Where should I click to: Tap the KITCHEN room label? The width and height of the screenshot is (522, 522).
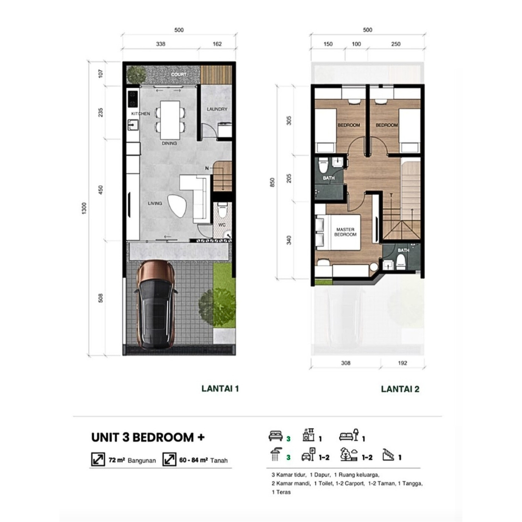point(141,114)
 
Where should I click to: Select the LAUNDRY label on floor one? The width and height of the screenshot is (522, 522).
point(217,109)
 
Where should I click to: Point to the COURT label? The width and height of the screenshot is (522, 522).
point(179,74)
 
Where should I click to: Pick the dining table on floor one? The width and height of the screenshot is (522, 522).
point(170,120)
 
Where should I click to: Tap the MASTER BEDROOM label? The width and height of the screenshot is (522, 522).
point(345,232)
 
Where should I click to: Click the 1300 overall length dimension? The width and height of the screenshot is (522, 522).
point(84,208)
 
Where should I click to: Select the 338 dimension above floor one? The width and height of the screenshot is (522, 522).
point(160,44)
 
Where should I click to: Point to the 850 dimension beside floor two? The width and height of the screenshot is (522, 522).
point(272,182)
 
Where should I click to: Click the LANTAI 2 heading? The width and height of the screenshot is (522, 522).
point(400,389)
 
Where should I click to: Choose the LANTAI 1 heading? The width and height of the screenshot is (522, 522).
point(220,389)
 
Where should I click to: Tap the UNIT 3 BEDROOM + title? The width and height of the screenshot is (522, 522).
point(148,437)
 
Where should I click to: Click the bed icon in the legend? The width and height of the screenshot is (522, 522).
point(275,436)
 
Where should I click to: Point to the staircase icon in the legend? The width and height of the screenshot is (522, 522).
point(389,455)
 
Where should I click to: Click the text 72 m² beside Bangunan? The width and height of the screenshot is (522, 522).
point(116,460)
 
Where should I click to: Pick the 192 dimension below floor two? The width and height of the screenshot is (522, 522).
point(403,363)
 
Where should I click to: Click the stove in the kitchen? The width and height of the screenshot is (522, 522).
point(133,99)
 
